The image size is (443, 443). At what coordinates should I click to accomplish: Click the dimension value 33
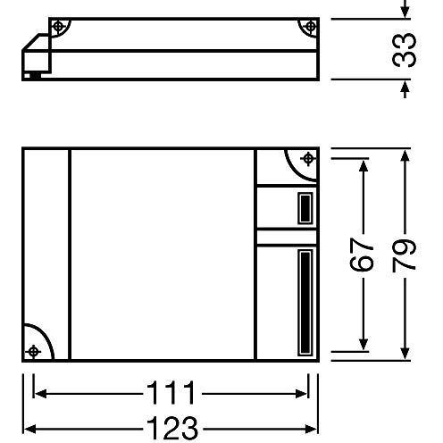(404, 50)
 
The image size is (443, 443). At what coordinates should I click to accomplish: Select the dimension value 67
(361, 255)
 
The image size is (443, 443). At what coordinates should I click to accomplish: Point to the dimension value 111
(171, 392)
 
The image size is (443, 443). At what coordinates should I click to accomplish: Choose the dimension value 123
(172, 428)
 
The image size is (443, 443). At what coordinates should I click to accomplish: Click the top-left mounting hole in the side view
(58, 27)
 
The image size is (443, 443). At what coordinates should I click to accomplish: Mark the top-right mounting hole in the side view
(311, 27)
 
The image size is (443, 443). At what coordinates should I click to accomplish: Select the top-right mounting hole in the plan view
(308, 159)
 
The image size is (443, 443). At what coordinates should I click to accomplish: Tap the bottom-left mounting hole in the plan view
(33, 352)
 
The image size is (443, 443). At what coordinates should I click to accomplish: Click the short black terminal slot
(305, 208)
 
